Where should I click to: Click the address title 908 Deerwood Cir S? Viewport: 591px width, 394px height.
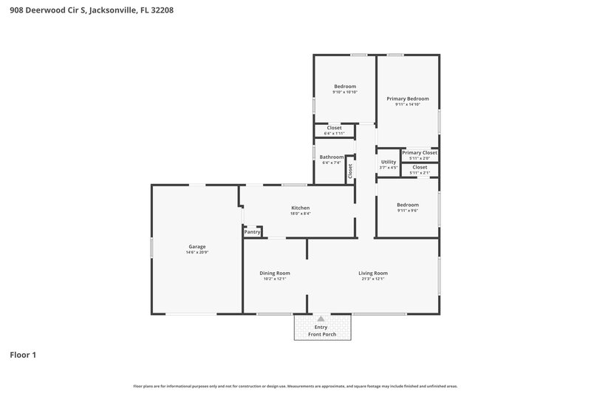92,11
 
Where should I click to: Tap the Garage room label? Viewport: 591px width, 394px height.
197,246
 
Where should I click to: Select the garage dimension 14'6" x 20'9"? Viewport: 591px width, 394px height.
197,253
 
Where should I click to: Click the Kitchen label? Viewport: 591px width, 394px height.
300,208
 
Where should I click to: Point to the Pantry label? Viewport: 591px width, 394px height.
253,232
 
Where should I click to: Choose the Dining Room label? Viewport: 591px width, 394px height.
275,273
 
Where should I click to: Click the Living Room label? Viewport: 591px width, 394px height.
373,273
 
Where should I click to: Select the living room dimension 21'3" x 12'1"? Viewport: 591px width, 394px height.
373,279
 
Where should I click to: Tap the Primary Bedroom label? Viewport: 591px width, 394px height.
408,98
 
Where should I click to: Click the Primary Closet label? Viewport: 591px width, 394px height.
420,152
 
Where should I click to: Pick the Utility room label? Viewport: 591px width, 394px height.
389,162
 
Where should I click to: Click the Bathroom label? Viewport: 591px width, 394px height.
331,157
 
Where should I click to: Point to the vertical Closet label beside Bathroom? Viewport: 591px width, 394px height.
350,170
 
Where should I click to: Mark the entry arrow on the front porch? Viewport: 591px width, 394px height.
321,319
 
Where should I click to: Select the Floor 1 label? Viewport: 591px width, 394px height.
23,355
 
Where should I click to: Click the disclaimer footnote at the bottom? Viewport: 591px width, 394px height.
295,386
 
